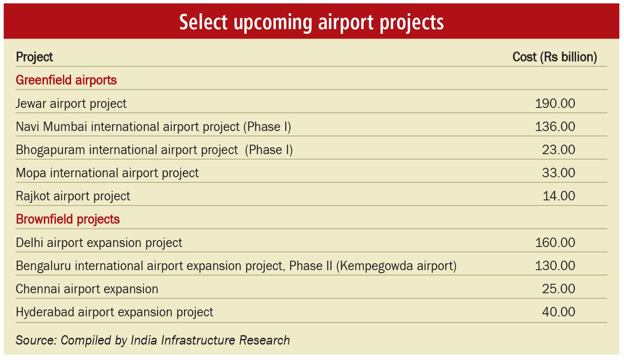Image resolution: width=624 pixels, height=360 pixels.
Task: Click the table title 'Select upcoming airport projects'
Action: point(311,22)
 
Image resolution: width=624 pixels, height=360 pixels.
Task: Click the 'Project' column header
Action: point(34,57)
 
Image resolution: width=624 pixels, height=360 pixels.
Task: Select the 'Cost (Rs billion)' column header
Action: point(555,57)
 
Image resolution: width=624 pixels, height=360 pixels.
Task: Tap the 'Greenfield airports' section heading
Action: point(66,80)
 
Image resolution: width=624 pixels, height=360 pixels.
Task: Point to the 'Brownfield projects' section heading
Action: point(68,220)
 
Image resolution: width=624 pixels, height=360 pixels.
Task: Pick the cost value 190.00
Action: point(555,104)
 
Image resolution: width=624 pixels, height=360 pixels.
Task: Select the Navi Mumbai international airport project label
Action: point(153,127)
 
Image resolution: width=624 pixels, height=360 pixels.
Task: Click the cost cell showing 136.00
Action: point(555,127)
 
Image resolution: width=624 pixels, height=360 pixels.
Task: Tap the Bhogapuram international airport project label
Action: point(154,150)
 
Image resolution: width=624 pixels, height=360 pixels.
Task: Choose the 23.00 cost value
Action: point(558,150)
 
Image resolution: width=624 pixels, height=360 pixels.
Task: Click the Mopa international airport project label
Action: point(107,173)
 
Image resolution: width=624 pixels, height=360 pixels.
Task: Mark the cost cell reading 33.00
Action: point(558,173)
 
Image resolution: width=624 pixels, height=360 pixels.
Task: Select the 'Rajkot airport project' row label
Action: point(73,196)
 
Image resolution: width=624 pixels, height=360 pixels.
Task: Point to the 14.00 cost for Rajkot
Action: point(559,196)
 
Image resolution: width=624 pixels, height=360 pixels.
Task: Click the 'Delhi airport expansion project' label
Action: point(99,243)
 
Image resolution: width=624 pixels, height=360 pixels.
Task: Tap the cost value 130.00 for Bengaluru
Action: point(555,266)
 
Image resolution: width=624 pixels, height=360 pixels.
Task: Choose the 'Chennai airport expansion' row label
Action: point(87,289)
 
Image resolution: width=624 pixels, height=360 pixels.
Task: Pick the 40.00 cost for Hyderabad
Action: point(558,312)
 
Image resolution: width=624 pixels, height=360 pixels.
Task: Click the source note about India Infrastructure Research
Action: point(152,340)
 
